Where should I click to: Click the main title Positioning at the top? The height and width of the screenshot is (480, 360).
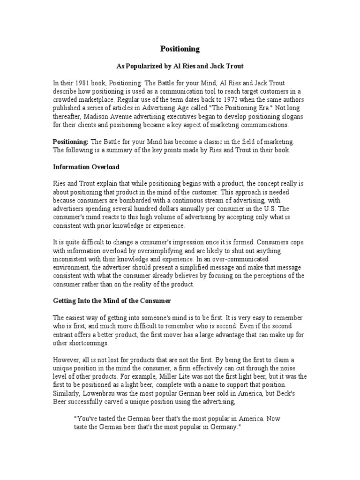click(x=180, y=49)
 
